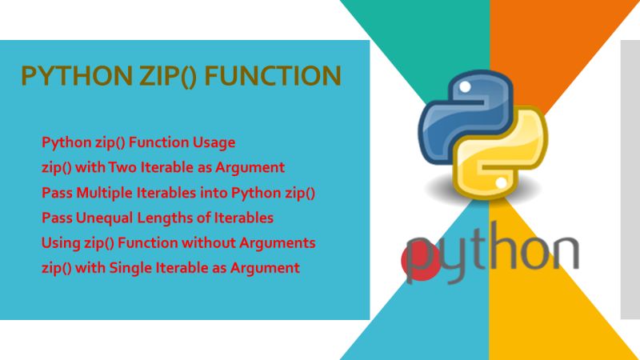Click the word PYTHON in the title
66,76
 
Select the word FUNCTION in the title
273,76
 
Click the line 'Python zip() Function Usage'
138,143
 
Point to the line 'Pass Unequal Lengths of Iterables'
158,218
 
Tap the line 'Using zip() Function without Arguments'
178,242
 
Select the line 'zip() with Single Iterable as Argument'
170,267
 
